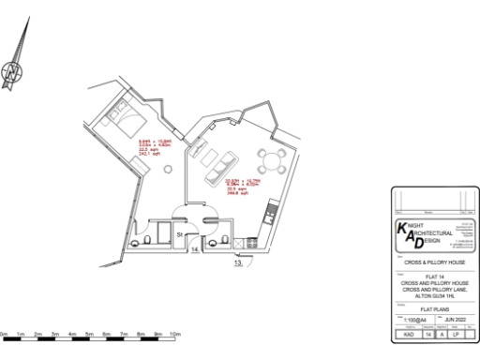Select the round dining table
(x=272, y=160)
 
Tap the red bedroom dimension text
(x=151, y=146)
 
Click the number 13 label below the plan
(x=238, y=264)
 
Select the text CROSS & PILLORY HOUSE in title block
(x=428, y=263)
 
